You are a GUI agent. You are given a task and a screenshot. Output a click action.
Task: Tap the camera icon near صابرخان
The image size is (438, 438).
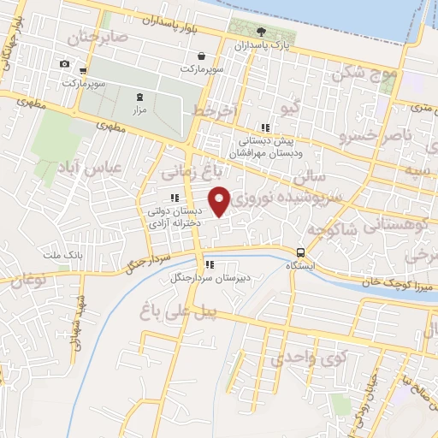point(64,63)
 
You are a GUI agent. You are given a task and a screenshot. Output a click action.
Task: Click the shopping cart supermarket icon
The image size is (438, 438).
point(83,71)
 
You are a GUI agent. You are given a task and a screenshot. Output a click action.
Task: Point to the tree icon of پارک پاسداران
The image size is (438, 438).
point(260,34)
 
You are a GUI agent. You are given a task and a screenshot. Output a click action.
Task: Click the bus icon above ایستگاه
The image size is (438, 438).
point(300,252)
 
